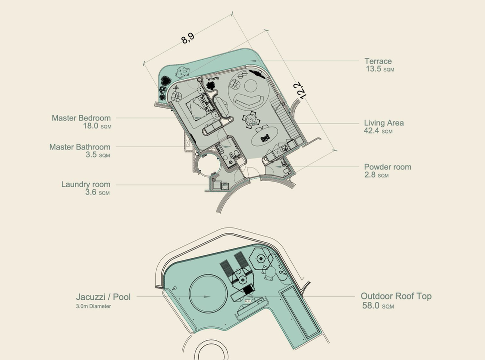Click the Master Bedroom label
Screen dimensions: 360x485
click(x=81, y=118)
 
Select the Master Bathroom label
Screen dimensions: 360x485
click(x=80, y=147)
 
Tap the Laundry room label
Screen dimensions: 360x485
click(x=86, y=184)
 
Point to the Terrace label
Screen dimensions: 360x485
click(x=378, y=61)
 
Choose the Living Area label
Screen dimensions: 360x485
click(x=384, y=123)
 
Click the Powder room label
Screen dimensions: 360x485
click(x=387, y=167)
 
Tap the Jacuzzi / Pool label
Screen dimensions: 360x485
click(x=103, y=297)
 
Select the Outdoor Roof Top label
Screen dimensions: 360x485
click(x=396, y=296)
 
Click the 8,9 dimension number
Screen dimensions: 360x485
click(x=188, y=38)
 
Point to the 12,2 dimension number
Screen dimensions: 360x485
click(x=300, y=90)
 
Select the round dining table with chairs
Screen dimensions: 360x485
click(x=251, y=120)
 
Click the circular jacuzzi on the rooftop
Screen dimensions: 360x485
click(x=207, y=296)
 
